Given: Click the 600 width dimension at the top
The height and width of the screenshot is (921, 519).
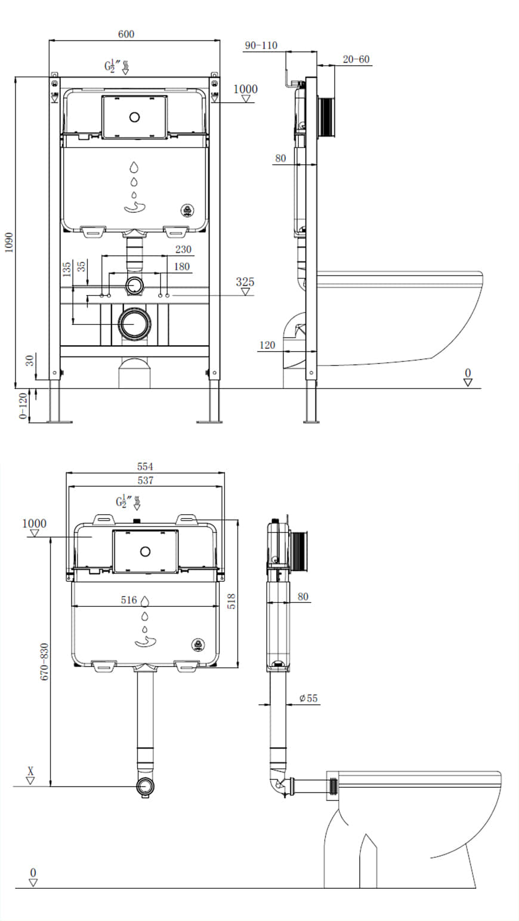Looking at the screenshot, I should coord(126,34).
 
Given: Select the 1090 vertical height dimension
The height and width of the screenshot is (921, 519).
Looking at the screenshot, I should coord(8,242).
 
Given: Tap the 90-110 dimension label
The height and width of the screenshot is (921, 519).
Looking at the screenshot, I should coord(261,45).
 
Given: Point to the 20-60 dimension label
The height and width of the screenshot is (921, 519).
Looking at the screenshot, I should coord(356,59).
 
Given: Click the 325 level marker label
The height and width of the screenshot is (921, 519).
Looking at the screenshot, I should coord(245,281).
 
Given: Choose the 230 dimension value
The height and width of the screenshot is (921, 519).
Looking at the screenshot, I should coord(183,250).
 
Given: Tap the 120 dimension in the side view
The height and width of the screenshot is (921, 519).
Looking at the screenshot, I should coord(268,345).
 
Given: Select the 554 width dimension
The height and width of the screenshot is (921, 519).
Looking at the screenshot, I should coord(145,466).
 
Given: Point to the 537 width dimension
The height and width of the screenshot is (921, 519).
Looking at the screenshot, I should coord(145,480).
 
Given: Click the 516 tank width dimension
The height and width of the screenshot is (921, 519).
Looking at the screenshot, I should coord(129,600).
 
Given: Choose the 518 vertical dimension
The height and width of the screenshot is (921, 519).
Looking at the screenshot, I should coord(232,600).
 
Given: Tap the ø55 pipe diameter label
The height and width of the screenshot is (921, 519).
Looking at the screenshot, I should coord(308,698).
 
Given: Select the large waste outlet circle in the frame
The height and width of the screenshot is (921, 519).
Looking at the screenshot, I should coord(135,324).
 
